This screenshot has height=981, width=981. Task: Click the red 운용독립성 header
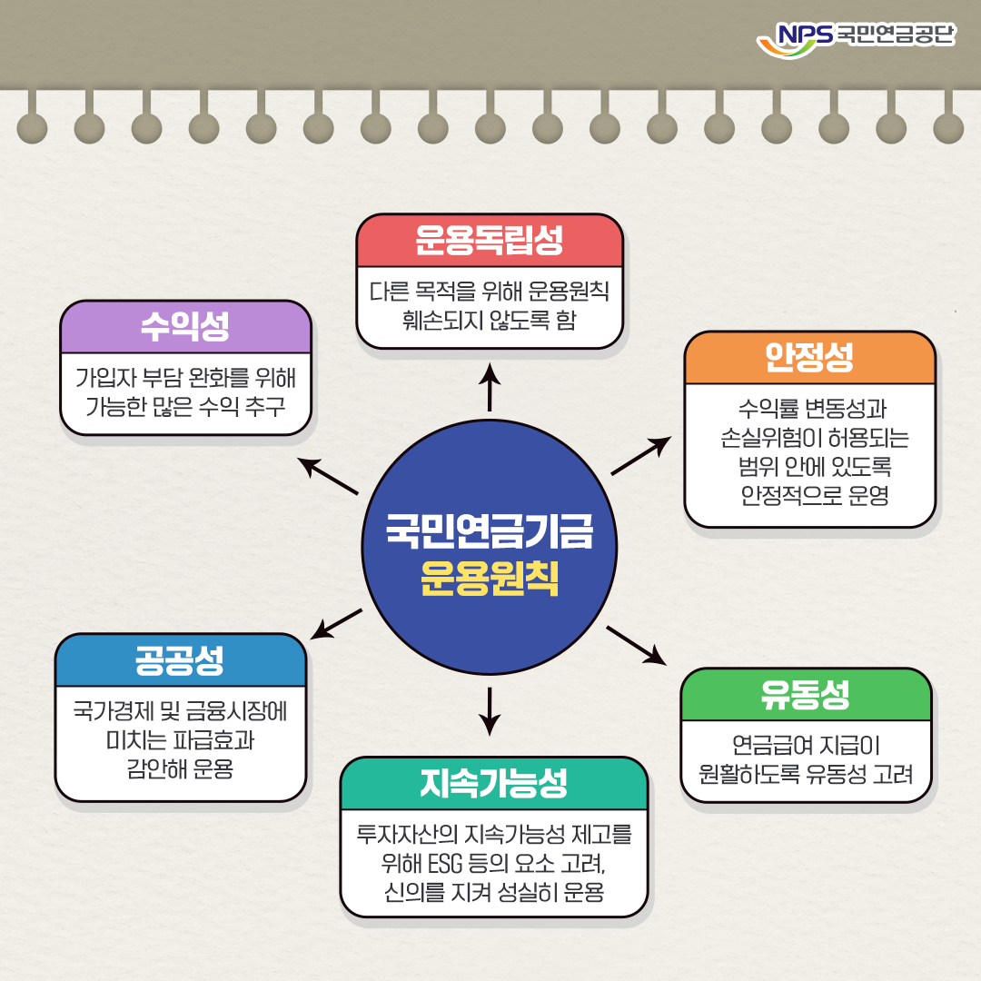click(490, 241)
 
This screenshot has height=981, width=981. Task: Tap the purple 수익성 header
click(185, 327)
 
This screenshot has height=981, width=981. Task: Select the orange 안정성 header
click(809, 358)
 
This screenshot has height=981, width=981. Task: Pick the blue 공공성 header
click(180, 660)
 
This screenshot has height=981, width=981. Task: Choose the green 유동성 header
click(806, 695)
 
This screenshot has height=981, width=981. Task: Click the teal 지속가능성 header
click(494, 783)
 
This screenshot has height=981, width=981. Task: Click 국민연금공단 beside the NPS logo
click(895, 35)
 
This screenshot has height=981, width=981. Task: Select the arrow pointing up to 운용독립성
click(490, 386)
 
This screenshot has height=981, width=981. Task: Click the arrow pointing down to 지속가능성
click(490, 710)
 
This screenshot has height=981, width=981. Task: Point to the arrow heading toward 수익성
click(329, 476)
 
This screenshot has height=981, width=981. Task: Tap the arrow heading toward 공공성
click(335, 624)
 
